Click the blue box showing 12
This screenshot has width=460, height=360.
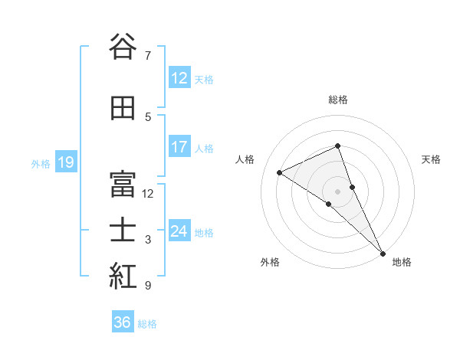[179, 78]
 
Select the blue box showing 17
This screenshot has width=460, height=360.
[179, 147]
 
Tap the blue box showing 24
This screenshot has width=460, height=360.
[179, 231]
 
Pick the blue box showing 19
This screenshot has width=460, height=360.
[65, 162]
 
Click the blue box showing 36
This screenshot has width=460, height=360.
[123, 322]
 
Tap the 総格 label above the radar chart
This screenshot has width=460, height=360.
[337, 100]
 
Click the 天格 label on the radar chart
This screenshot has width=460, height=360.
[431, 159]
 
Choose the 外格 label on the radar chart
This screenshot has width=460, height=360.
[269, 262]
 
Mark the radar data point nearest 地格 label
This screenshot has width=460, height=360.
[382, 253]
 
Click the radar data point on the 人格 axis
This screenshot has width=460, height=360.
[279, 172]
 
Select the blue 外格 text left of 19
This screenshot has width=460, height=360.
[40, 163]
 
